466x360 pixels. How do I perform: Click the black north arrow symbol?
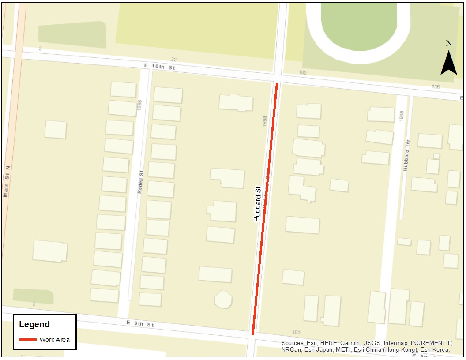click(448, 63)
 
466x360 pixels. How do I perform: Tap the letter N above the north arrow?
click(448, 43)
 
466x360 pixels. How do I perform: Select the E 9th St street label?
click(140, 324)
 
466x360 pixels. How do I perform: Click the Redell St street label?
click(141, 182)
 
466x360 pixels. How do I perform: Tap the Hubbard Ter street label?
click(407, 155)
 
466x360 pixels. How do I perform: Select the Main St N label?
click(6, 181)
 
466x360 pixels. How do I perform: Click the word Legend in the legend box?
click(34, 325)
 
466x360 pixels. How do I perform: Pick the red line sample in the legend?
click(28, 340)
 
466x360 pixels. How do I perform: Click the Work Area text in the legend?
click(55, 340)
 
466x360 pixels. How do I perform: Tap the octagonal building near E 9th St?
click(223, 300)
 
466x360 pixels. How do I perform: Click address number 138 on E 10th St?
click(436, 87)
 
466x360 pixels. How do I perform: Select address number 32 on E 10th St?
click(173, 59)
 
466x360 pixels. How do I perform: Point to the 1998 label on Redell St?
click(139, 105)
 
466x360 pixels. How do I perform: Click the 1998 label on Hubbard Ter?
click(401, 116)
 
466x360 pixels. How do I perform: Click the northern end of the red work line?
click(277, 84)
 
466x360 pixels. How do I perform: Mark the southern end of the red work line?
click(253, 334)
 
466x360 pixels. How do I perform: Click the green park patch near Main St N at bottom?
click(33, 296)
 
